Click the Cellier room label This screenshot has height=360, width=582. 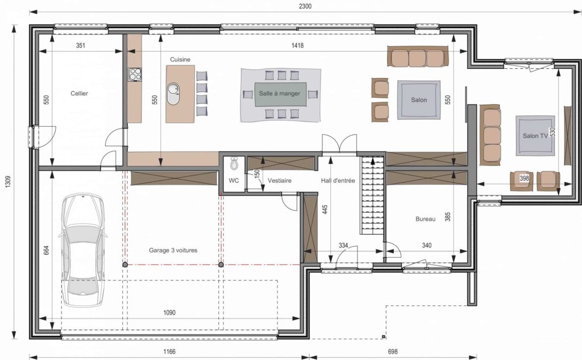click(x=80, y=93)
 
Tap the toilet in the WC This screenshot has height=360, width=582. click(x=234, y=163)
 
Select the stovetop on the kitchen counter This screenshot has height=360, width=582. click(x=135, y=75)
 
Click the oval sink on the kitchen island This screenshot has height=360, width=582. click(x=173, y=94)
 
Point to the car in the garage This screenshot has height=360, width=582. click(x=82, y=250)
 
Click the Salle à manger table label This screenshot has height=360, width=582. click(x=280, y=94)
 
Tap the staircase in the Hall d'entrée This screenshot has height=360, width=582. click(x=372, y=195)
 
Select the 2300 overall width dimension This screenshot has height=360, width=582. click(x=305, y=6)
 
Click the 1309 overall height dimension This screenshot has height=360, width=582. click(x=8, y=181)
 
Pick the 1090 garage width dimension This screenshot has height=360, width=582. click(x=169, y=312)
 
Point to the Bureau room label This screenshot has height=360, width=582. click(x=425, y=219)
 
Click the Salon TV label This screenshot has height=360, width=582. click(x=535, y=136)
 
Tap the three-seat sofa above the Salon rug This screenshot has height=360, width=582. click(x=418, y=57)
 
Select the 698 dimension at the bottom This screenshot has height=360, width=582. click(x=392, y=351)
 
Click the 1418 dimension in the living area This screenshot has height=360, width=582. click(x=297, y=45)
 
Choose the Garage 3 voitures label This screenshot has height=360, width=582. click(x=173, y=250)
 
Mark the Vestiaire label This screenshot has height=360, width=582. click(x=280, y=180)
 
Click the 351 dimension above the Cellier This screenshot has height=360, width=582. click(x=81, y=45)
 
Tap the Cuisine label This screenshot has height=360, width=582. click(x=180, y=60)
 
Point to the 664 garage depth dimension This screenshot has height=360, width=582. click(x=47, y=250)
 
